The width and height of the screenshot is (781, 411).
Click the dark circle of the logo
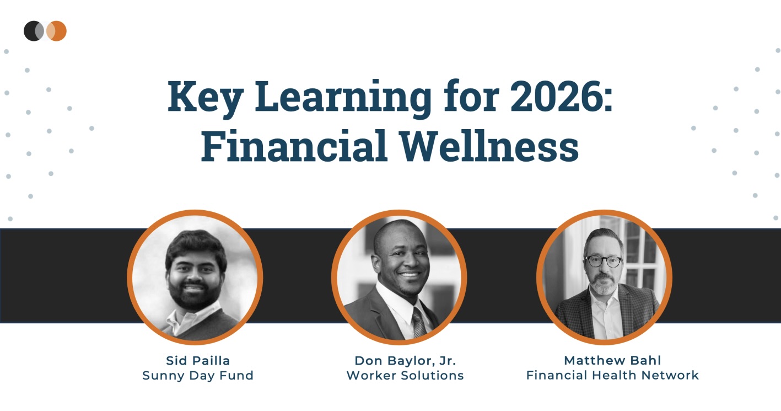(32, 31)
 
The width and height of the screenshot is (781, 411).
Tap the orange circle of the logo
(58, 31)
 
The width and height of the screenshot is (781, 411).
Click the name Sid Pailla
(198, 361)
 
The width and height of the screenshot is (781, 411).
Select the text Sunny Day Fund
(198, 376)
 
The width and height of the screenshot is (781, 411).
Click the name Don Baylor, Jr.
(405, 361)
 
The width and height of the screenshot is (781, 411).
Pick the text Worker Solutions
(405, 376)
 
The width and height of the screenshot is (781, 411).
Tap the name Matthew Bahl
(612, 361)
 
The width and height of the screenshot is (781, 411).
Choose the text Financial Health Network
(612, 376)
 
